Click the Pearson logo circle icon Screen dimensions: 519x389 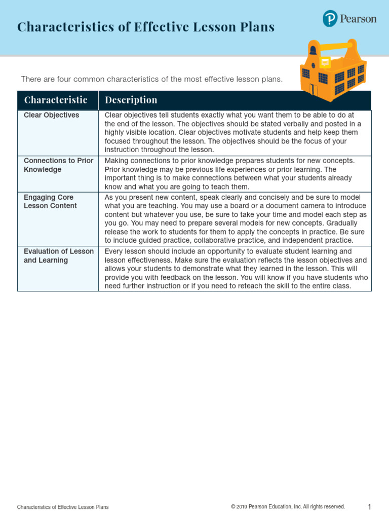click(330, 19)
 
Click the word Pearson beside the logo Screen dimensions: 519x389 click(358, 19)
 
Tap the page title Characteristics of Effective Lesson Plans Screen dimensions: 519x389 click(146, 27)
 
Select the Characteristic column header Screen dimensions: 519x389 click(56, 100)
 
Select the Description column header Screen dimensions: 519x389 click(131, 100)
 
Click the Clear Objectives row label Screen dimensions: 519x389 click(52, 115)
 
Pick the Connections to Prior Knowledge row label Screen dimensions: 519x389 click(58, 165)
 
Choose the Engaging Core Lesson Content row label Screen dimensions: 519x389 click(50, 201)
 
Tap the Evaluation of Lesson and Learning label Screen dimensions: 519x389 click(58, 256)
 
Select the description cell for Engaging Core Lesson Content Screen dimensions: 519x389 click(235, 218)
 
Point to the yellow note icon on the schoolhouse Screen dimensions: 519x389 click(325, 62)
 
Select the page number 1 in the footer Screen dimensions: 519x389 click(369, 507)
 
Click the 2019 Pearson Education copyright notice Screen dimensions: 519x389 click(288, 507)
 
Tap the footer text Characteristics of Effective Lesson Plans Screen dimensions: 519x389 click(63, 507)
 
